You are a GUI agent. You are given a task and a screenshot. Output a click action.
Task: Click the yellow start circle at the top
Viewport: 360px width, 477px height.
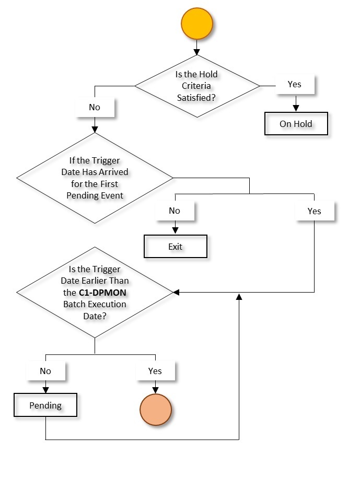coord(196,24)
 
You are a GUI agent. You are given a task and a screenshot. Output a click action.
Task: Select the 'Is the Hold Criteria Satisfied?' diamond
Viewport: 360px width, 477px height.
coord(197,85)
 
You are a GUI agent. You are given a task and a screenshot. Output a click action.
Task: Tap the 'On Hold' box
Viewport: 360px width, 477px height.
coord(296,124)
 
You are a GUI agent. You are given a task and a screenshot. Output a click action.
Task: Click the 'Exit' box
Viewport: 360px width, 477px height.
coord(176,247)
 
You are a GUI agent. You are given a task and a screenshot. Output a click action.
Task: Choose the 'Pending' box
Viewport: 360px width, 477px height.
coord(45,405)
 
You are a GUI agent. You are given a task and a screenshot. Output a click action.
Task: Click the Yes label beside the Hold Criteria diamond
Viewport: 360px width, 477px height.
coord(295,84)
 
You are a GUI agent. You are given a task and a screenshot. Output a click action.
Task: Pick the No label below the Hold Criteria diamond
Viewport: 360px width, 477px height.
coord(95,108)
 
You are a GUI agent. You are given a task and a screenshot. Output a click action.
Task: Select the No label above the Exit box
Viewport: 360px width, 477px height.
coord(175,211)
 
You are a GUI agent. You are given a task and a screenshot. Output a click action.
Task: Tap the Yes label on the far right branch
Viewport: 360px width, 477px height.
coord(315,211)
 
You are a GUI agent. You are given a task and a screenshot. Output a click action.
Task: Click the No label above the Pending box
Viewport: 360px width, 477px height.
coord(45,371)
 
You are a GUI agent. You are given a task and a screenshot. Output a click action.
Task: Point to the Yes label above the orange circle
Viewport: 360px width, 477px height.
coord(155,371)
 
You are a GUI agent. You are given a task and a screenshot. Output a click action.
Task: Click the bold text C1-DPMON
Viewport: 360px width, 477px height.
coord(103,293)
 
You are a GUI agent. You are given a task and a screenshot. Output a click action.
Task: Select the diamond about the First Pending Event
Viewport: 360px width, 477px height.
coord(95,179)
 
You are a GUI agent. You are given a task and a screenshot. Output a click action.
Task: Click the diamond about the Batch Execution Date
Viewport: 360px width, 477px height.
coord(95,293)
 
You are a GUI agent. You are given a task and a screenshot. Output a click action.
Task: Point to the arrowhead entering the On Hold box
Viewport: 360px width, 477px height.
coord(296,109)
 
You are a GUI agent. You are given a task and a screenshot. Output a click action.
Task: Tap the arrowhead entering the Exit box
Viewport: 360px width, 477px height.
coord(175,231)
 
